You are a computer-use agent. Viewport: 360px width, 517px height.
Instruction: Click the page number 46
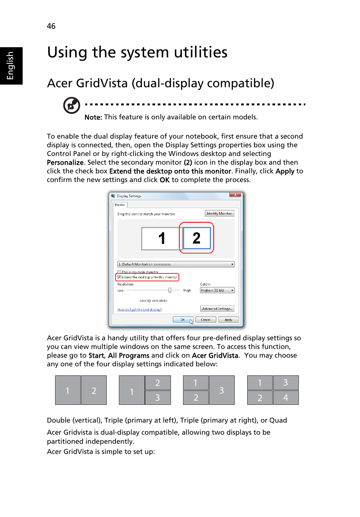click(51, 26)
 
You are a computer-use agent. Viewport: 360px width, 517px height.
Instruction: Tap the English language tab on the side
click(11, 66)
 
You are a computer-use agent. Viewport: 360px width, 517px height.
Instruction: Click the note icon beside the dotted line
click(71, 105)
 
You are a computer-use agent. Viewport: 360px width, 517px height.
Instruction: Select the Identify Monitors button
click(219, 213)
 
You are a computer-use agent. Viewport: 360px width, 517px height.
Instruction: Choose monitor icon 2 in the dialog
click(197, 238)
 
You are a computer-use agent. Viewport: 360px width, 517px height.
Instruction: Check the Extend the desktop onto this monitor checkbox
click(119, 277)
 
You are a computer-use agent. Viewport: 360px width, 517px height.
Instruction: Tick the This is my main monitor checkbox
click(119, 272)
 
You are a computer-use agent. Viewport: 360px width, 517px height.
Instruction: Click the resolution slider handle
click(170, 290)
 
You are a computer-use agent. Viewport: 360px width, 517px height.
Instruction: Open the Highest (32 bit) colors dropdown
click(217, 290)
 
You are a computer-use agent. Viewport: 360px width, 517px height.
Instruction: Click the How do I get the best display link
click(139, 310)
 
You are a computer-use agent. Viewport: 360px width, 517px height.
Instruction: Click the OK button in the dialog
click(183, 320)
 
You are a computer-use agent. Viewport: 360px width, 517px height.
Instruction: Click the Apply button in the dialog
click(228, 320)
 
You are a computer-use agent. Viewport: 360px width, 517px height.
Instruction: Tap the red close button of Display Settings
click(235, 195)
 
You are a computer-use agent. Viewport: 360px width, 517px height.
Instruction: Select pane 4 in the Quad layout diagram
click(286, 398)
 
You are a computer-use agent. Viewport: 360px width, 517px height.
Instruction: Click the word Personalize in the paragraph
click(65, 162)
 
